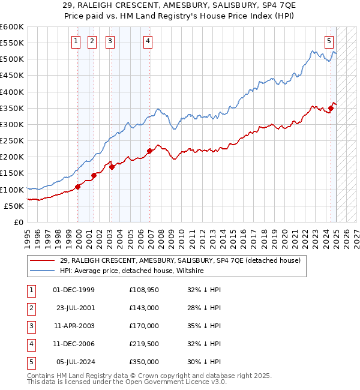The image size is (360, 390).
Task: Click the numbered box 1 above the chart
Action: (76, 41)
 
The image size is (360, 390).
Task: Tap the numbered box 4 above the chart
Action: (148, 41)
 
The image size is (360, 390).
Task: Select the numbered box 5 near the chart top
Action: (329, 41)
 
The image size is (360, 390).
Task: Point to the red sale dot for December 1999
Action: (78, 187)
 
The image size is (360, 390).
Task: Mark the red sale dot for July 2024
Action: (331, 108)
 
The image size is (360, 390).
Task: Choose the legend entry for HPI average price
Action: (131, 271)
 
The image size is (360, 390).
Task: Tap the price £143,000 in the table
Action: (144, 308)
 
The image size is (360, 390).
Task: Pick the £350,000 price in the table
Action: (144, 362)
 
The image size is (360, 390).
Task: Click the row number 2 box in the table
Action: (30, 308)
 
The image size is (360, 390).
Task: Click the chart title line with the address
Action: (179, 5)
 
